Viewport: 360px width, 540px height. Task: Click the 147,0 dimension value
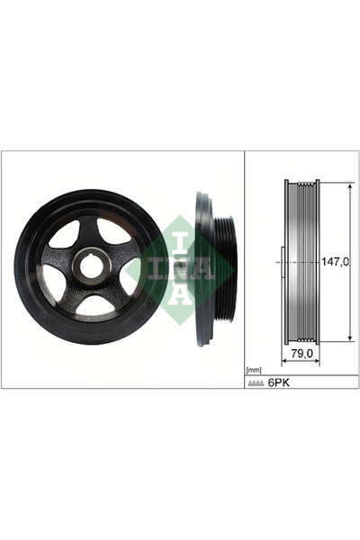pos(335,262)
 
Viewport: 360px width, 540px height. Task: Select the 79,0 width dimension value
pos(302,355)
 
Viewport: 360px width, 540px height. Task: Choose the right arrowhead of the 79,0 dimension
pos(319,361)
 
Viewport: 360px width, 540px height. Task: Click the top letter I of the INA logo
pos(178,241)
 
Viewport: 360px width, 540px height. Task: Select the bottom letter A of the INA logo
pos(178,293)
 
